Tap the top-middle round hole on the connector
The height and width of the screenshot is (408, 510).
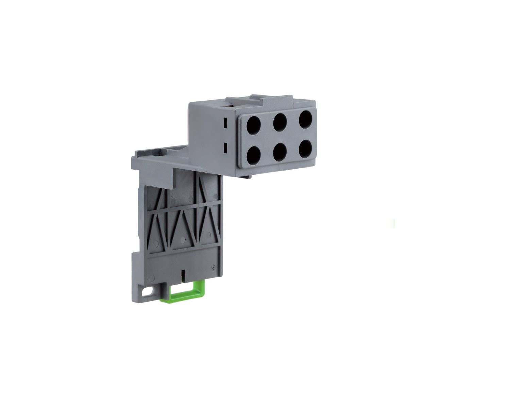click(x=280, y=121)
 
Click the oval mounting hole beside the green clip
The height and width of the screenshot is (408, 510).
click(x=148, y=291)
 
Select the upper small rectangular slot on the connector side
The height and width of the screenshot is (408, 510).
click(x=225, y=123)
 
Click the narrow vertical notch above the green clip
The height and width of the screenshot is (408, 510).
click(x=183, y=274)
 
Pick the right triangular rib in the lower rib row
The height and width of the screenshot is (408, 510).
click(x=207, y=224)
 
